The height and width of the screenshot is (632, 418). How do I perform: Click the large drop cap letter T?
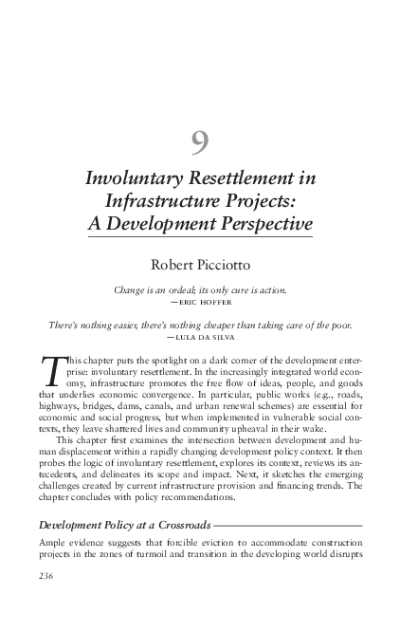coord(56,372)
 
